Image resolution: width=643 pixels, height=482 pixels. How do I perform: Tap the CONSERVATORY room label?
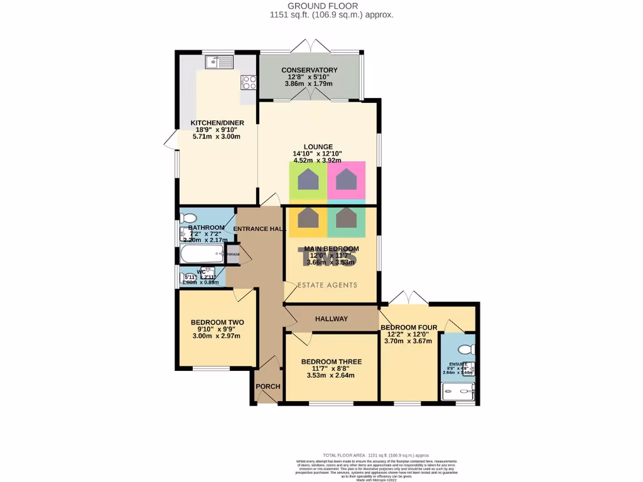tap(309, 70)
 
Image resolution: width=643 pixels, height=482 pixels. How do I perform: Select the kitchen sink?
tap(222, 62)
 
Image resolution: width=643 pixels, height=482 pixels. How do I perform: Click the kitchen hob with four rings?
tap(249, 83)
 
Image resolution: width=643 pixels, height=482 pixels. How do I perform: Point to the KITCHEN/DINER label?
tap(217, 123)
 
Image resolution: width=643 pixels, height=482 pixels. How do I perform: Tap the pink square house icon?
tap(346, 180)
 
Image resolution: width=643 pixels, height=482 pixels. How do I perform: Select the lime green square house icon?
tap(308, 180)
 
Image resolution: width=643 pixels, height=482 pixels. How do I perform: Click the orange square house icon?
tap(308, 218)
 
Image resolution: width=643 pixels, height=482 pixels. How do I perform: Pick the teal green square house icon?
tap(346, 218)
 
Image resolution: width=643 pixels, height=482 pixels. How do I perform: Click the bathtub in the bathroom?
tap(202, 255)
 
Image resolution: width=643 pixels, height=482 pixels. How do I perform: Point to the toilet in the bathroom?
tap(187, 218)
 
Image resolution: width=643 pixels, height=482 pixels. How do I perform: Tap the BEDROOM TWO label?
tap(217, 323)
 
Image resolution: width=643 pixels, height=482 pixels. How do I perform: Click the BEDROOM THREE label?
tap(331, 361)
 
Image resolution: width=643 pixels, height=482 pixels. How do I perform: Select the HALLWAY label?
tap(332, 319)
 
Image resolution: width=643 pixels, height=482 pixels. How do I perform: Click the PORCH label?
tap(268, 386)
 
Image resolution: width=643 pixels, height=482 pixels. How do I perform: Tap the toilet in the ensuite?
tap(465, 349)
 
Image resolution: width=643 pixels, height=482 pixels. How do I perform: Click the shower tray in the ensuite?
tap(457, 392)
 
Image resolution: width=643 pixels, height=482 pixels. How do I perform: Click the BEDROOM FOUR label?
tap(408, 327)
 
